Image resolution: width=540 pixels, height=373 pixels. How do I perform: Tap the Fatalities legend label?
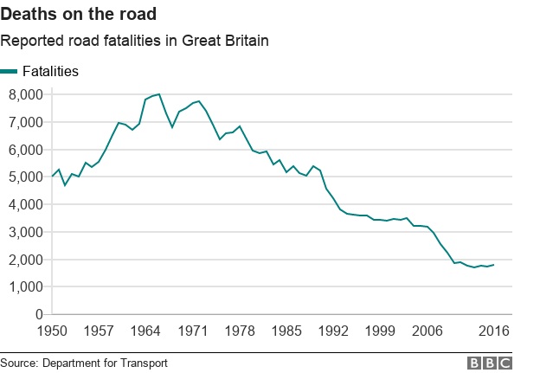50,72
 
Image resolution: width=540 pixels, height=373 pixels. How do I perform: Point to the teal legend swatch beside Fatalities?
10,72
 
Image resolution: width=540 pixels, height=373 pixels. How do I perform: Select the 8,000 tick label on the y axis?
24,94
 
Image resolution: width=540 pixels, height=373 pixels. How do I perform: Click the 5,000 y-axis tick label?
24,177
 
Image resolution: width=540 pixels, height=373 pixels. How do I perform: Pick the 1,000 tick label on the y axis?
24,286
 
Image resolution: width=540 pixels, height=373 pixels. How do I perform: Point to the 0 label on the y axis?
38,314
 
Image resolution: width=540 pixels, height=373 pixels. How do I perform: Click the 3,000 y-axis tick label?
24,232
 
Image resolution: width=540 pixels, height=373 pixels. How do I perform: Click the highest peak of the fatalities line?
159,94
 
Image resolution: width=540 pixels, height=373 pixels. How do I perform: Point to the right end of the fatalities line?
493,265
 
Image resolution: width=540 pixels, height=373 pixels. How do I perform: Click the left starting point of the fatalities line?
52,177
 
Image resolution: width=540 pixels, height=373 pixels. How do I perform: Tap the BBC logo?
490,363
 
